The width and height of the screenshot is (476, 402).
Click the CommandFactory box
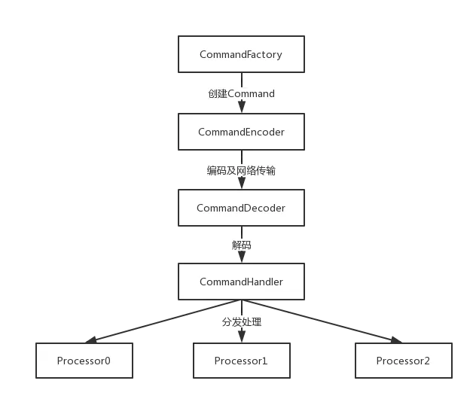(x=241, y=54)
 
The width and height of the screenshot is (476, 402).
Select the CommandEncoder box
(x=241, y=132)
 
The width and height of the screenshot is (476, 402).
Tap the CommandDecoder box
(x=241, y=208)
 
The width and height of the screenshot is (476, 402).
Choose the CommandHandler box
(x=241, y=282)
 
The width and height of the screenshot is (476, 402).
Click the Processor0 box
(x=84, y=361)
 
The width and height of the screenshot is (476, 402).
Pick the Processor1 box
(x=241, y=361)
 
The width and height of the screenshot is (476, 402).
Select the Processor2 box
(x=403, y=361)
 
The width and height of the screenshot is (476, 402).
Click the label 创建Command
(x=241, y=94)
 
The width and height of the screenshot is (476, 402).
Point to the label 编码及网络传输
(x=241, y=171)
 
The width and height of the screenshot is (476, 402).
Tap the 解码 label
(x=241, y=245)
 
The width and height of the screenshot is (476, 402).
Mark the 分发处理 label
(x=241, y=322)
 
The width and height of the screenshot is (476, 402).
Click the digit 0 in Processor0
(x=107, y=361)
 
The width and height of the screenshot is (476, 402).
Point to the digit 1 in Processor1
(x=264, y=361)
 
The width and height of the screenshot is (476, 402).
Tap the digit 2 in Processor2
(x=426, y=361)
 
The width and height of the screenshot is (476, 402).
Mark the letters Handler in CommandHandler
(x=264, y=282)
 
